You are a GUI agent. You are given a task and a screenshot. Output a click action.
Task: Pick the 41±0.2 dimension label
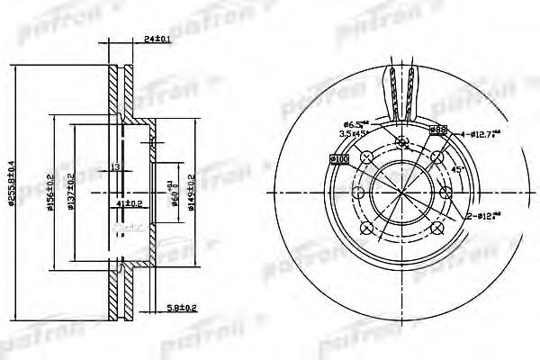130,203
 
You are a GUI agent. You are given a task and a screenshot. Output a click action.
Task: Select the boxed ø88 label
440,130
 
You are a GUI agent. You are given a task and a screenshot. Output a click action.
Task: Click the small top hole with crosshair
401,141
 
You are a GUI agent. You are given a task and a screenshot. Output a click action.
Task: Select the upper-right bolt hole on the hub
436,159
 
